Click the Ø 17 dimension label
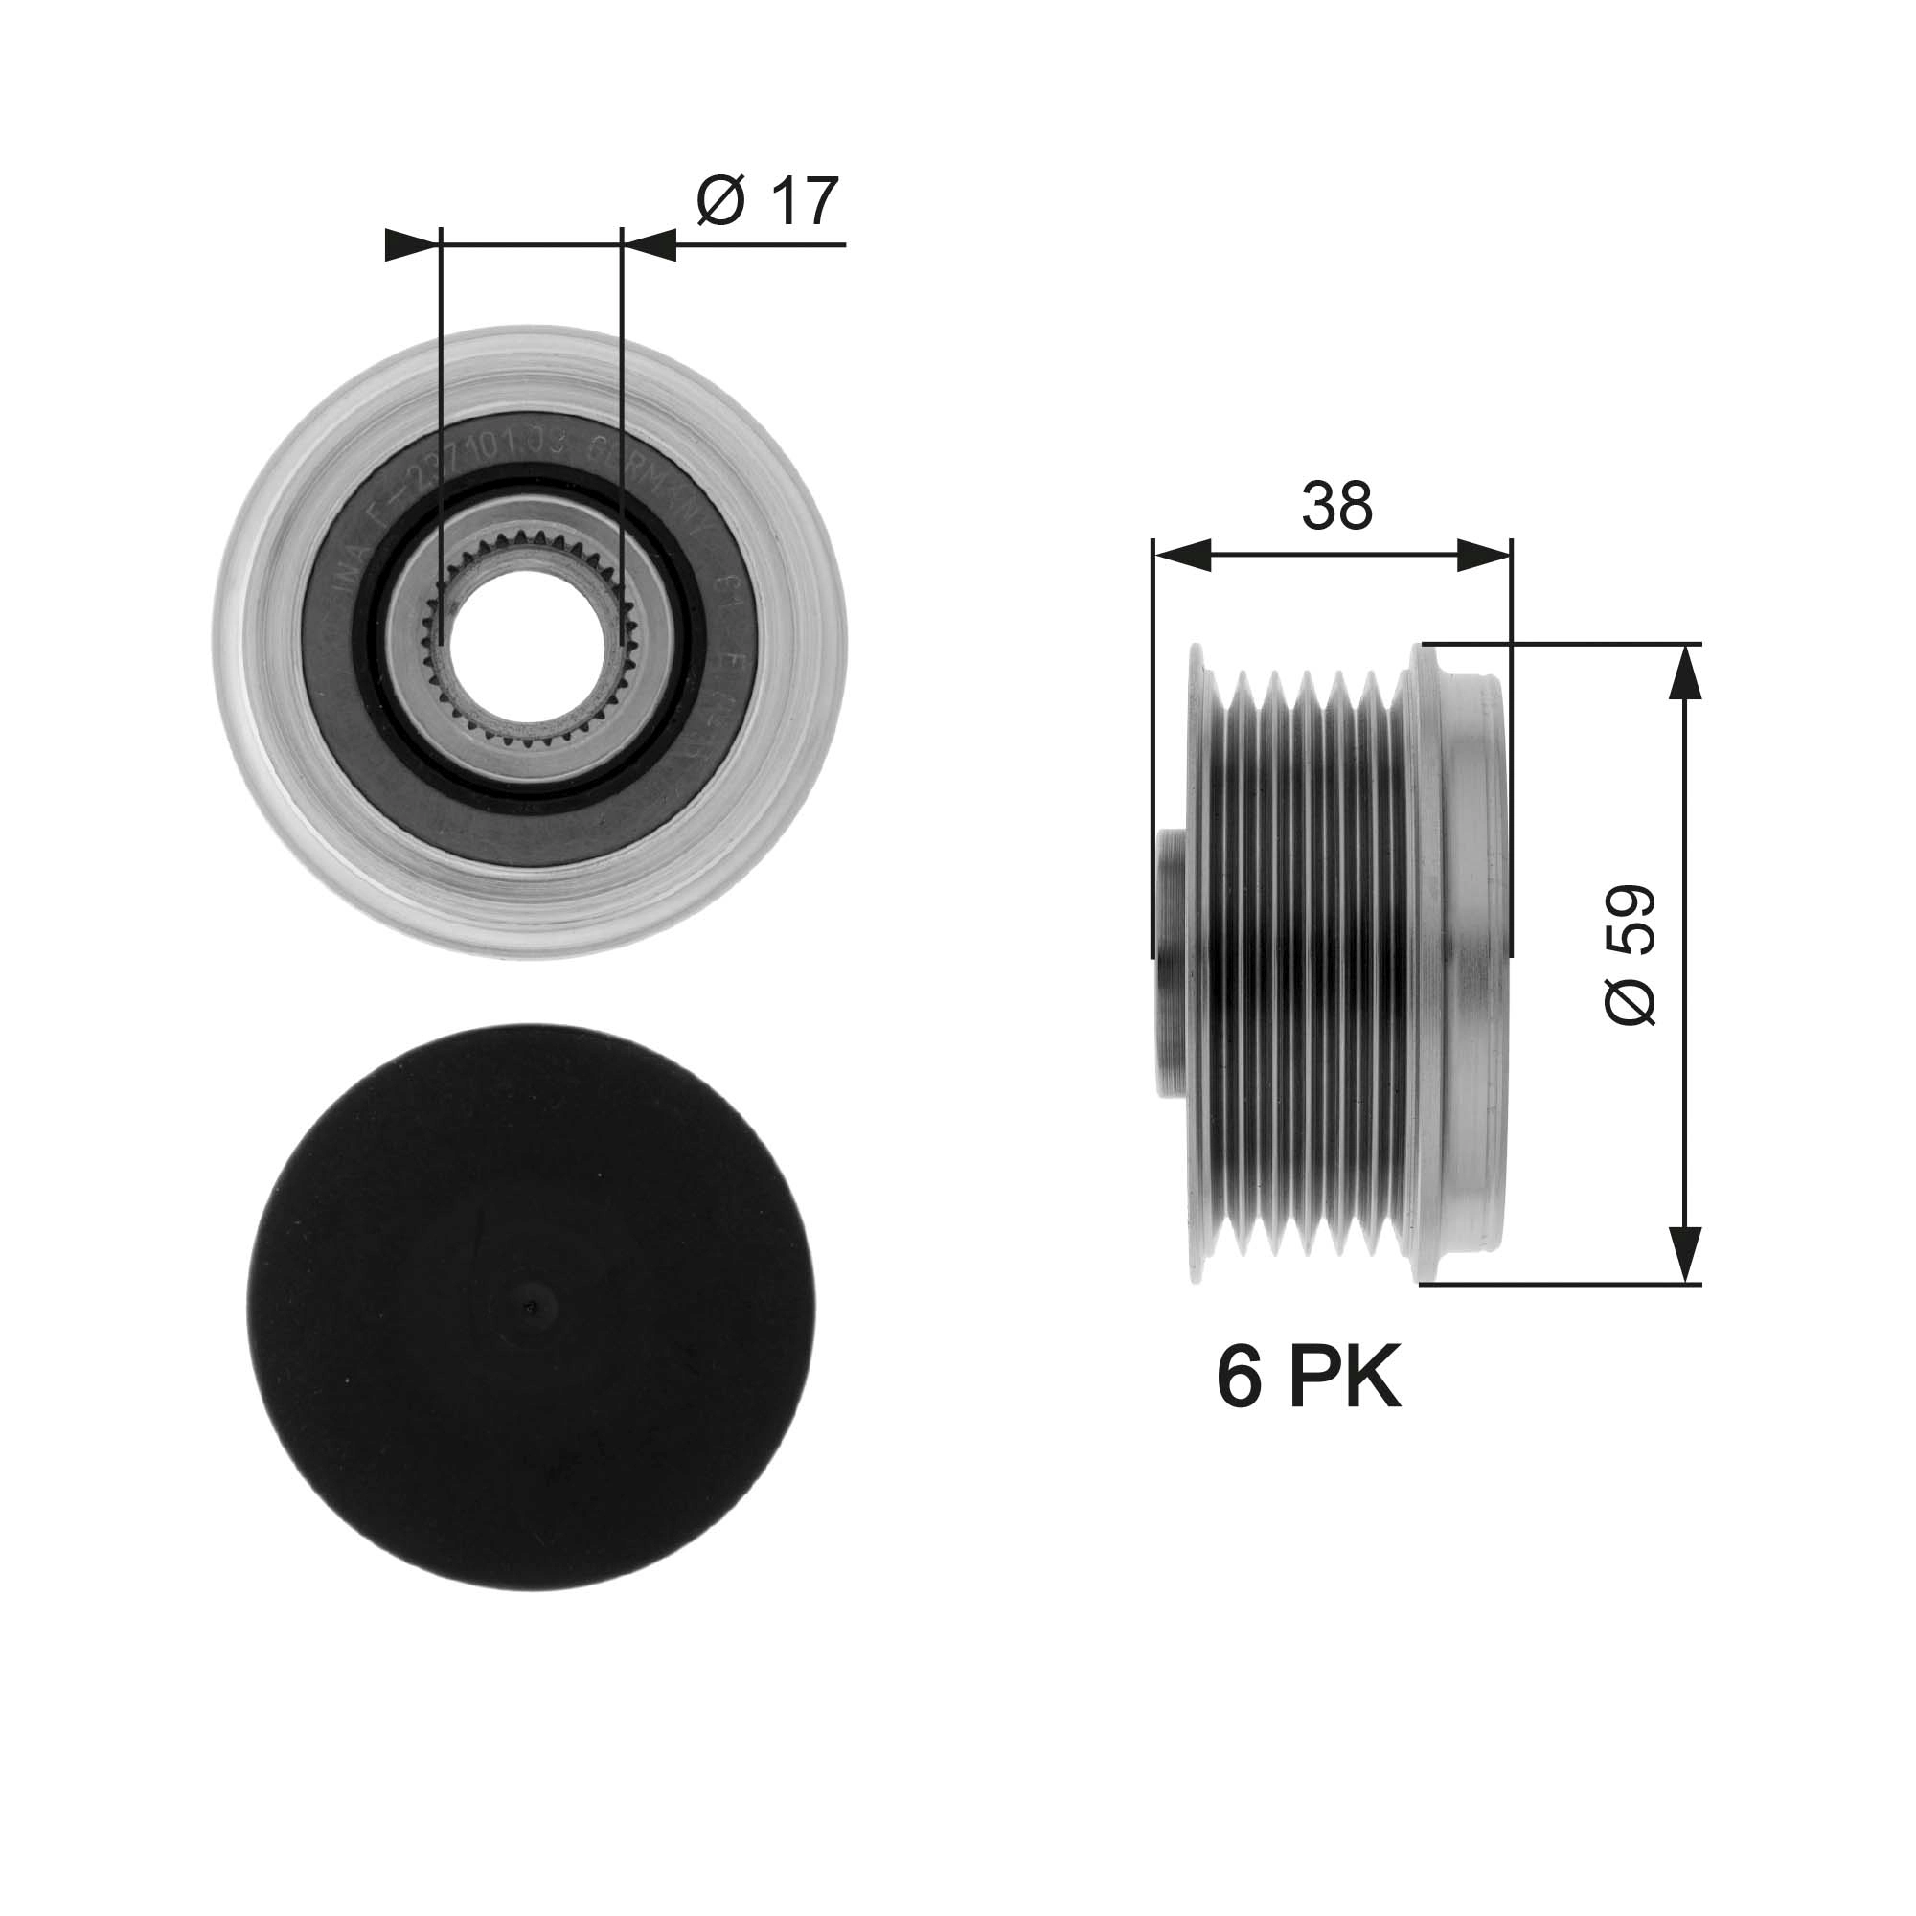click(766, 201)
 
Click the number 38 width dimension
click(1335, 506)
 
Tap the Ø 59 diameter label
click(1630, 955)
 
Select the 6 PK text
click(1308, 1379)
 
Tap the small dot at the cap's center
click(532, 1306)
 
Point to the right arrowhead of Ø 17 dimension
click(650, 244)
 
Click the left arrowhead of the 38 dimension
click(1182, 556)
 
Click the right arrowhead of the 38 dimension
click(1484, 556)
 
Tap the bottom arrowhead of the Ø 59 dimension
click(1685, 1255)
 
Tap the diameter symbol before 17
click(720, 201)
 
